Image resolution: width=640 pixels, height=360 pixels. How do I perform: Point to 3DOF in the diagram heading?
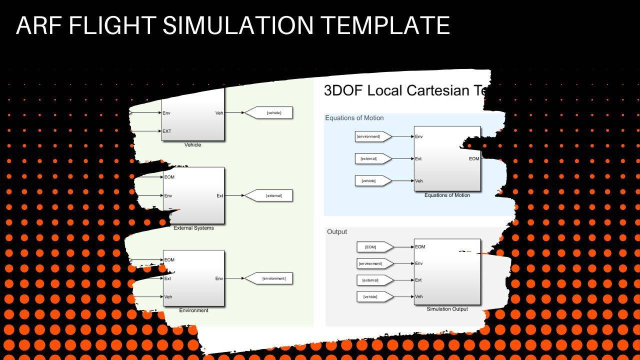pyautogui.click(x=343, y=90)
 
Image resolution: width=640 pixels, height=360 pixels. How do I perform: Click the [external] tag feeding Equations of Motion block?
pyautogui.click(x=368, y=159)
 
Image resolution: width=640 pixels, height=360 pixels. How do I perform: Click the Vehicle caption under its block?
pyautogui.click(x=193, y=145)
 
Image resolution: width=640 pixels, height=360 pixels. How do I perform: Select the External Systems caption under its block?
pyautogui.click(x=193, y=228)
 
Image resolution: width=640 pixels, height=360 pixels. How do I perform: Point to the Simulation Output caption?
pyautogui.click(x=447, y=309)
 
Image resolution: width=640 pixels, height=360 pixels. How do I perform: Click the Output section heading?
pyautogui.click(x=336, y=232)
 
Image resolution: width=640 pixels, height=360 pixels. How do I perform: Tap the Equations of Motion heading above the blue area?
pyautogui.click(x=354, y=118)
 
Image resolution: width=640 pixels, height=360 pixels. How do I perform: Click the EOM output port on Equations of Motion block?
pyautogui.click(x=474, y=159)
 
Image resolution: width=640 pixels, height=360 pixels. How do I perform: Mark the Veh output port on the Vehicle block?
pyautogui.click(x=219, y=113)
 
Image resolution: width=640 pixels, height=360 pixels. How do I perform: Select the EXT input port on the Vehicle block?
pyautogui.click(x=167, y=131)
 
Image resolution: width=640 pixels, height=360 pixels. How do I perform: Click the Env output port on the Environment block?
pyautogui.click(x=219, y=278)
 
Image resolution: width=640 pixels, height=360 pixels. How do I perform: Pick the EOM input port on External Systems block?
pyautogui.click(x=169, y=177)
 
